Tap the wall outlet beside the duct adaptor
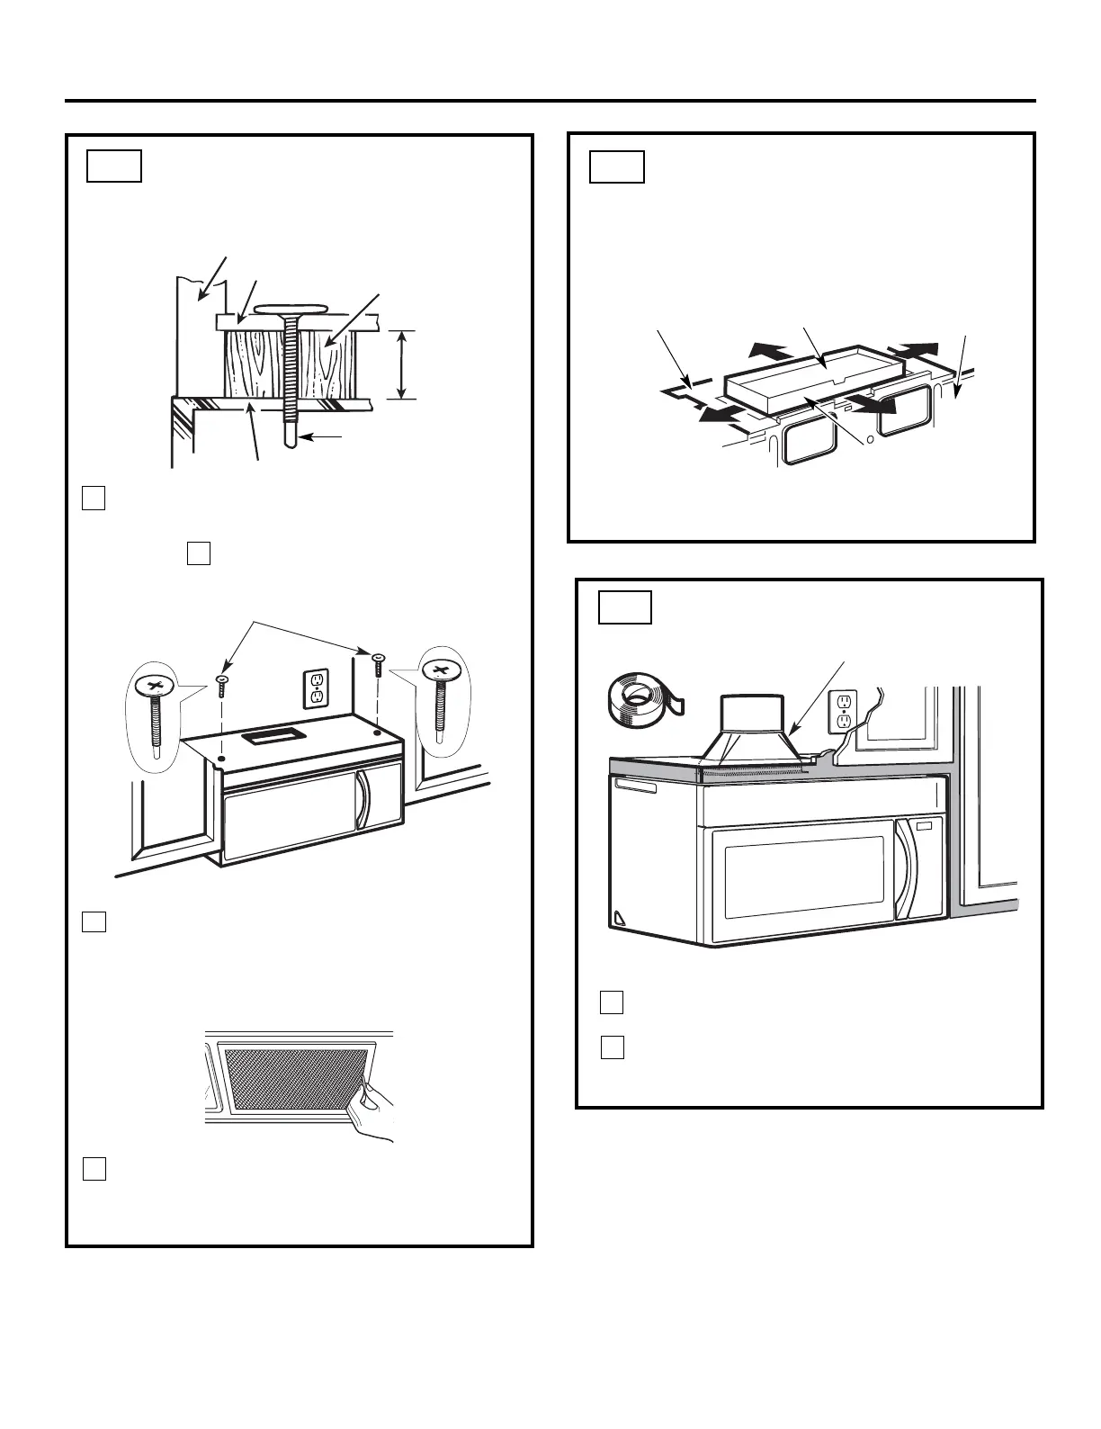point(843,712)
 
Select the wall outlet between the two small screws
point(316,688)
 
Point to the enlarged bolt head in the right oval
point(440,670)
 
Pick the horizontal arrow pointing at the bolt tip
point(325,436)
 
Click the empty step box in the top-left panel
point(114,167)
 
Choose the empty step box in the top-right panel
point(617,167)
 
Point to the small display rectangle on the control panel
point(926,823)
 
